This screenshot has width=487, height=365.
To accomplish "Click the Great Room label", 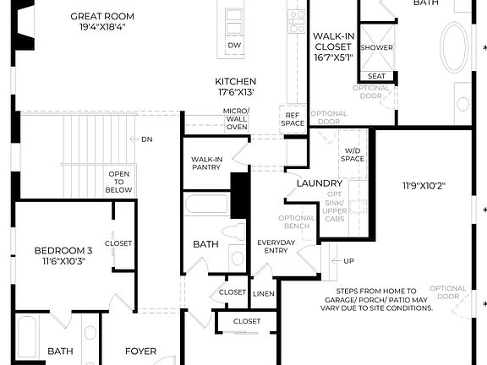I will coord(102,16).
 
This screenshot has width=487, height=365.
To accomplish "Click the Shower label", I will coord(376,47).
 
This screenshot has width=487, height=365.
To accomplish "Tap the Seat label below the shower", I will coord(377,75).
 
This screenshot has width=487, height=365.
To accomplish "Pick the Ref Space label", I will coord(293,120).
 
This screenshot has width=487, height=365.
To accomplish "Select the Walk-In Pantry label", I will coord(206,163).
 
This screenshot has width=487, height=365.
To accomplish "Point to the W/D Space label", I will coord(353,155).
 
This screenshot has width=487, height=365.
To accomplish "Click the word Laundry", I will coord(320,183).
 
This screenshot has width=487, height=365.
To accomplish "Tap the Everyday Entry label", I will coord(276,247).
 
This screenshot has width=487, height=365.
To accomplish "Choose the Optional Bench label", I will coord(296,222).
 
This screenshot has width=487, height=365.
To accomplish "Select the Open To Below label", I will coord(118,182).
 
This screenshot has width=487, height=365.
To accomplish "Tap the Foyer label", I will coord(141,351).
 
